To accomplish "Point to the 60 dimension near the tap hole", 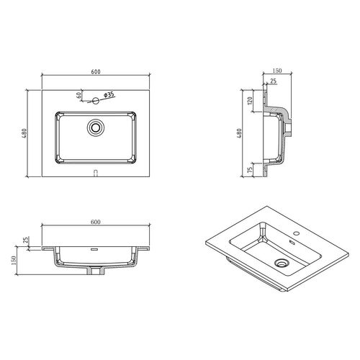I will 78,94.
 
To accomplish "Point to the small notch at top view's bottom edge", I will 96,172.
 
